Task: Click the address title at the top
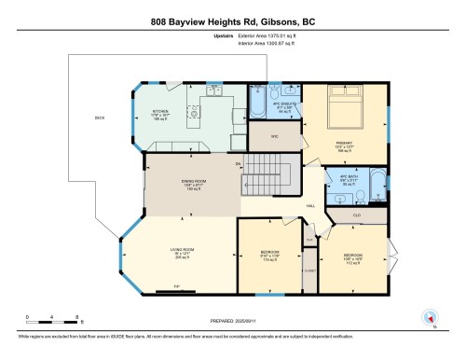point(233,20)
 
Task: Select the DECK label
point(99,118)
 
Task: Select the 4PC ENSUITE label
point(270,105)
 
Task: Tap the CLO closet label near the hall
point(356,215)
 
